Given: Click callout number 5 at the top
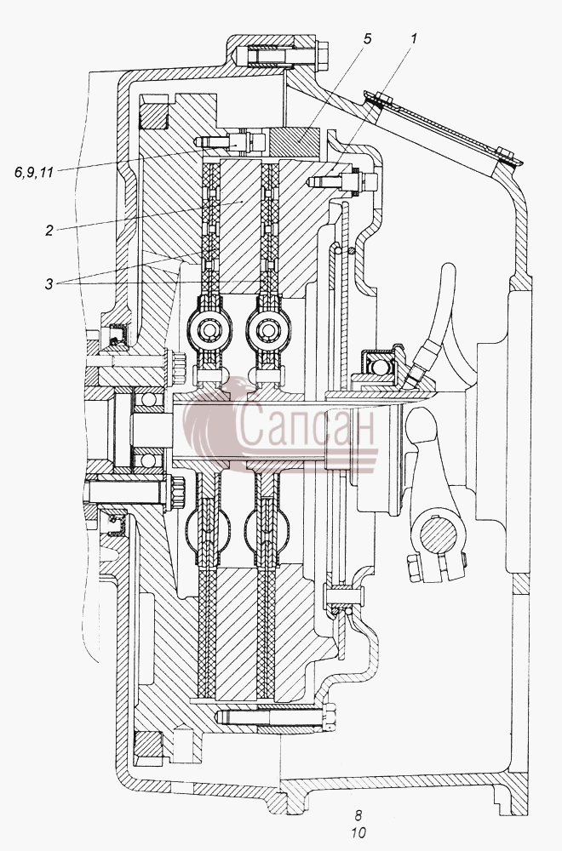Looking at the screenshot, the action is click(368, 40).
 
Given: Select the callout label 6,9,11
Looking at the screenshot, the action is click(34, 173).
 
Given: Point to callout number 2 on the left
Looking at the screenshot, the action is click(49, 230).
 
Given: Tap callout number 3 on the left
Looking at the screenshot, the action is click(49, 284).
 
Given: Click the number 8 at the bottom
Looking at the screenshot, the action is click(358, 815).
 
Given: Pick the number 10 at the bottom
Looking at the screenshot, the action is click(358, 832).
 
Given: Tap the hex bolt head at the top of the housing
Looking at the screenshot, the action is click(322, 55).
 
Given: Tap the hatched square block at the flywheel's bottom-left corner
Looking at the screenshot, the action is click(147, 750).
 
